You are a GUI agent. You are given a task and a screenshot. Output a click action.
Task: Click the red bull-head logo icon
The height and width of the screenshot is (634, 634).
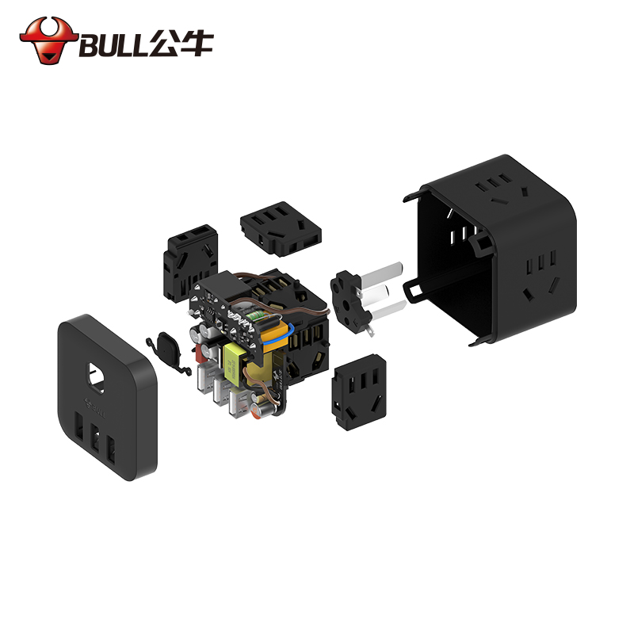(48, 40)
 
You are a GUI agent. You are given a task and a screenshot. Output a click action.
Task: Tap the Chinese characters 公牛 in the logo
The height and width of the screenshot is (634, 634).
(181, 43)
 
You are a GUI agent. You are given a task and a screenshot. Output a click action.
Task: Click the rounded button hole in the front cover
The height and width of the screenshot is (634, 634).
(97, 378)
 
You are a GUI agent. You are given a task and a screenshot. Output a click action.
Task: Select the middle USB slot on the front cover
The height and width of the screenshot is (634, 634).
(95, 439)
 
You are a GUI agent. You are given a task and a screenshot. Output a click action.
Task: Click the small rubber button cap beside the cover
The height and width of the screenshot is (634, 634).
(169, 352)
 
